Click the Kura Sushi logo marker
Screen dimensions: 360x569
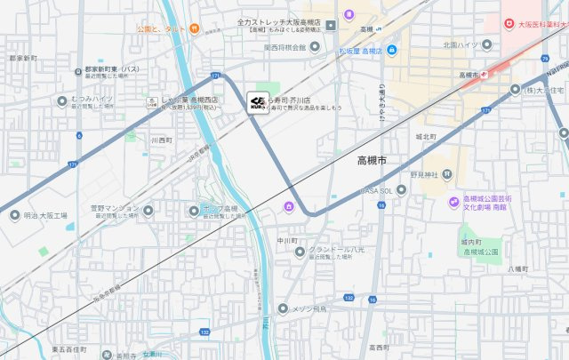tap(255, 103)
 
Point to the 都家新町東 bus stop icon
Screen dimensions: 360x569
tap(77, 68)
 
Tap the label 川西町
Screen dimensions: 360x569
tap(161, 140)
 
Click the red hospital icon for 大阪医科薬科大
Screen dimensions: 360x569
tap(509, 24)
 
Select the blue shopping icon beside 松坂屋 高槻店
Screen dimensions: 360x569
tap(392, 49)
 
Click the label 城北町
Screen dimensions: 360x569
tap(425, 137)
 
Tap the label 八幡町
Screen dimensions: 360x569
tap(517, 268)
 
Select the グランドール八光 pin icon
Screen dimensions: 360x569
tap(301, 252)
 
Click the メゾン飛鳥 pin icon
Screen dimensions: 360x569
tap(284, 309)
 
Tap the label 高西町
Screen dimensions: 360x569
tap(380, 347)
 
